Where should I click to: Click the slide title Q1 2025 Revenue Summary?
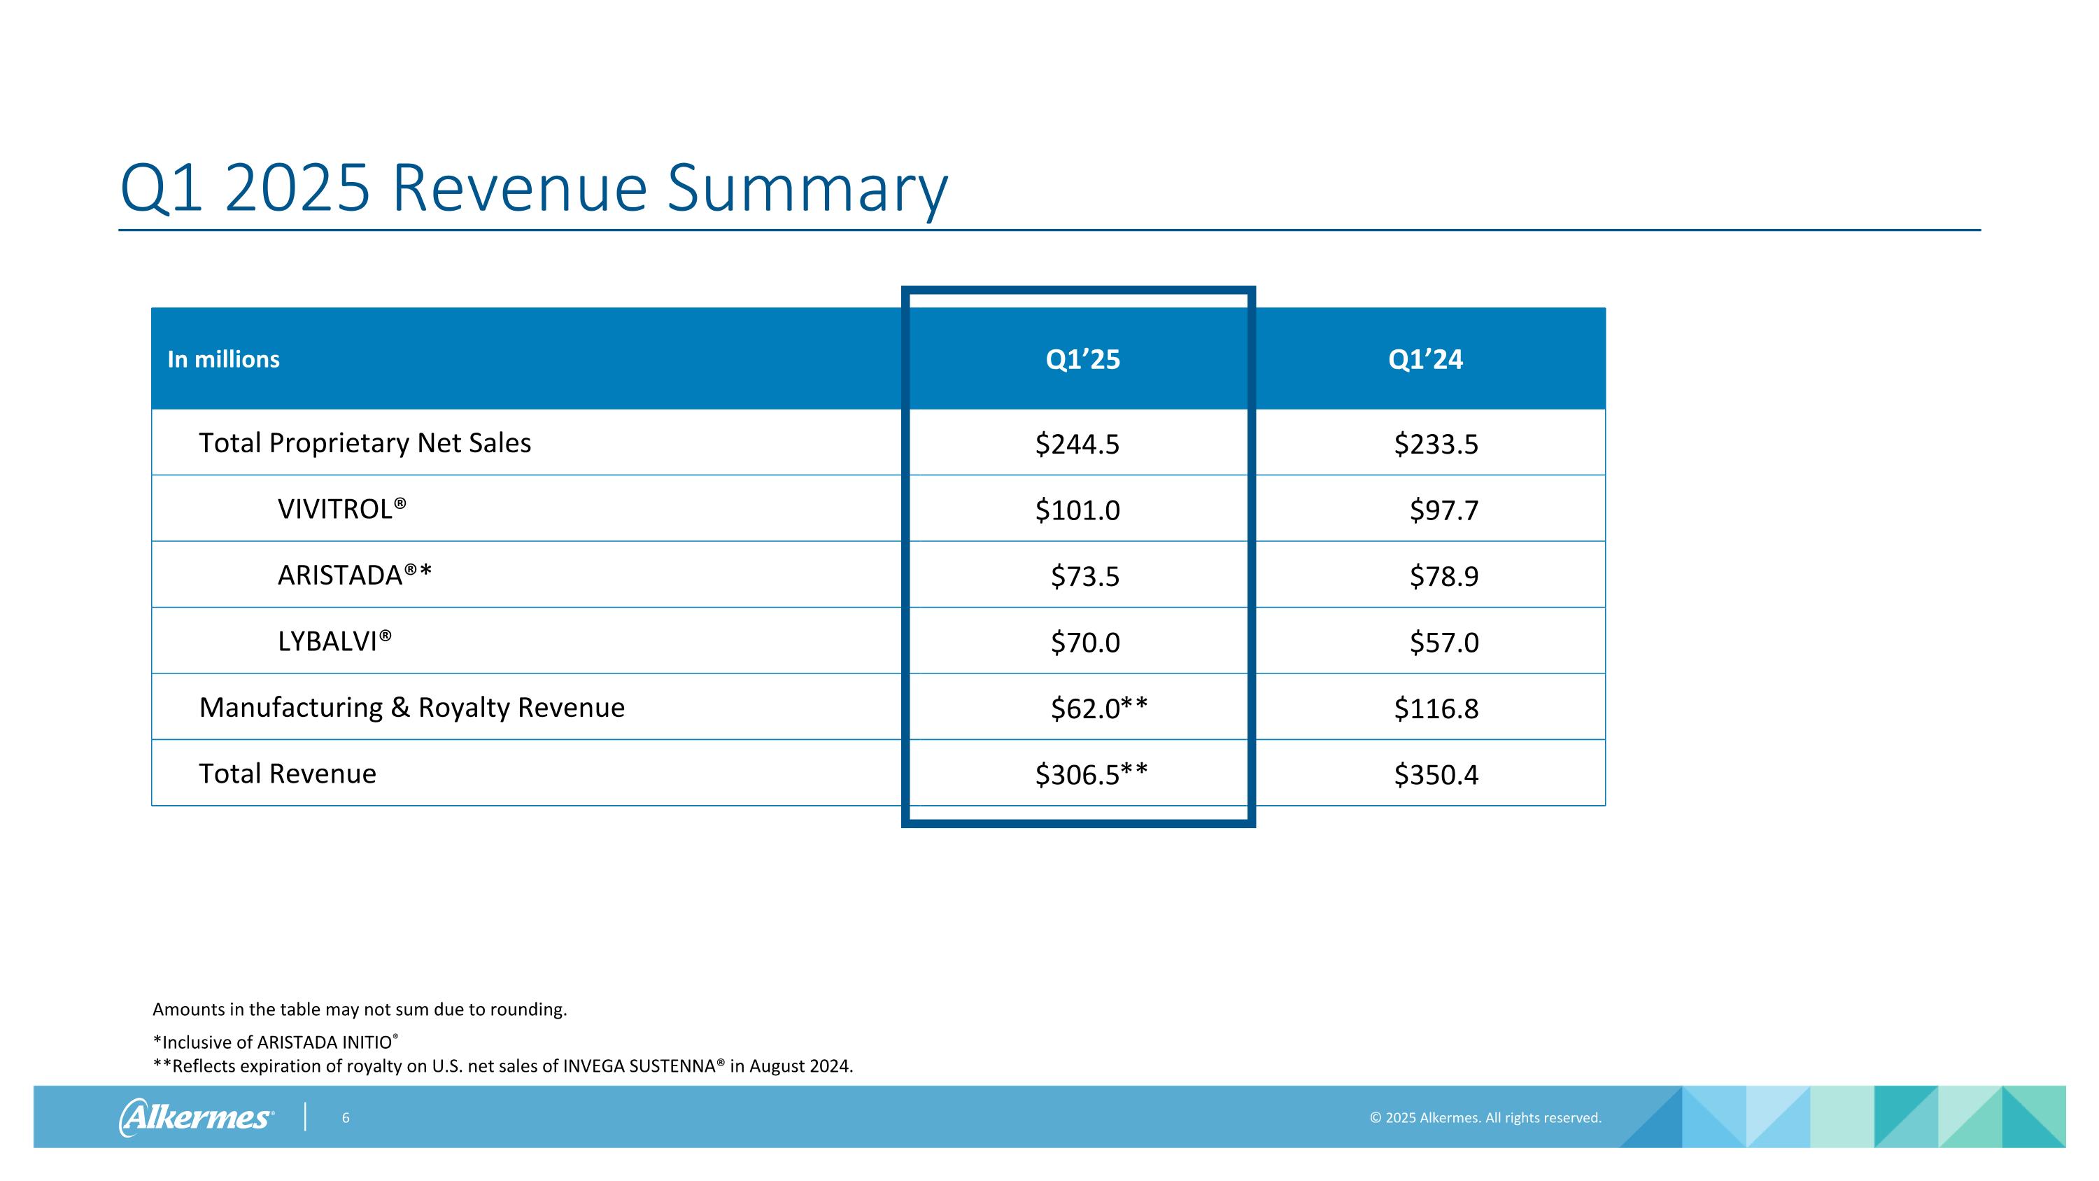(534, 188)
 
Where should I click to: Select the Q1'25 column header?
(1082, 359)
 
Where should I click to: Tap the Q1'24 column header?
(1425, 359)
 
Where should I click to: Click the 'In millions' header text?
(223, 359)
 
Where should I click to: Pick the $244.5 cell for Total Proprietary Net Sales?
(1077, 445)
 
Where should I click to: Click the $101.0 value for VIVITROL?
(1077, 510)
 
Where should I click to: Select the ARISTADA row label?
(355, 575)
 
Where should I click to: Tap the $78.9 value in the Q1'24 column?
(1443, 576)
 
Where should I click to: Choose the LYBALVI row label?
(334, 641)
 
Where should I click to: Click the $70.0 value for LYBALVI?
(1084, 642)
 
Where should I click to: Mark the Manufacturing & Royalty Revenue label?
(411, 708)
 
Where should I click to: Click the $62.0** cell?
(1098, 708)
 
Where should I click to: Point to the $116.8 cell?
(1436, 708)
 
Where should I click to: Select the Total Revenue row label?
(288, 774)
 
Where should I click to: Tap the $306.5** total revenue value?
(1091, 774)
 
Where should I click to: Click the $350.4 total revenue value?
(1436, 774)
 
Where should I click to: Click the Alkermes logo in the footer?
(197, 1117)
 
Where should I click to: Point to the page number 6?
(346, 1118)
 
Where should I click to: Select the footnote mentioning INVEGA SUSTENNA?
(503, 1066)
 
